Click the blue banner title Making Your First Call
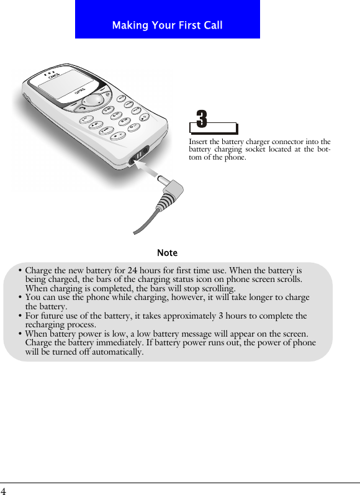167,25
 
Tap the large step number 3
202,119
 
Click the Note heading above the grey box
167,253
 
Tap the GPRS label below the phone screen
80,92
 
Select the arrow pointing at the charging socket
150,168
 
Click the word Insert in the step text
197,142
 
